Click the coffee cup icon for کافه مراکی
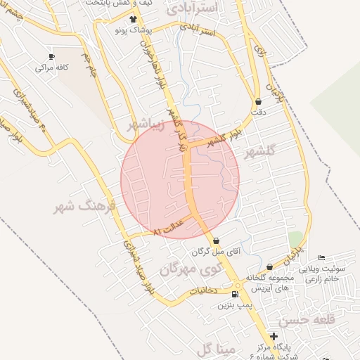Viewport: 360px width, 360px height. [51, 57]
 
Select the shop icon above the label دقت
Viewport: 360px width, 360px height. [258, 101]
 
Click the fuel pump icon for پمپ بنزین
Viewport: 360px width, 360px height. [234, 294]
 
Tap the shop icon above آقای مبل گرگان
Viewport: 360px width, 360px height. [216, 240]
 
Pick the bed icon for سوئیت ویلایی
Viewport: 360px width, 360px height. [322, 258]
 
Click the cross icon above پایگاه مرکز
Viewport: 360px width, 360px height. [274, 337]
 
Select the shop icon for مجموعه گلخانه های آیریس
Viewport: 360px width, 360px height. [270, 267]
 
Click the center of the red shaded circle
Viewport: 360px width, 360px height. [180, 179]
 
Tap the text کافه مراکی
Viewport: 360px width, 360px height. [51, 68]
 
